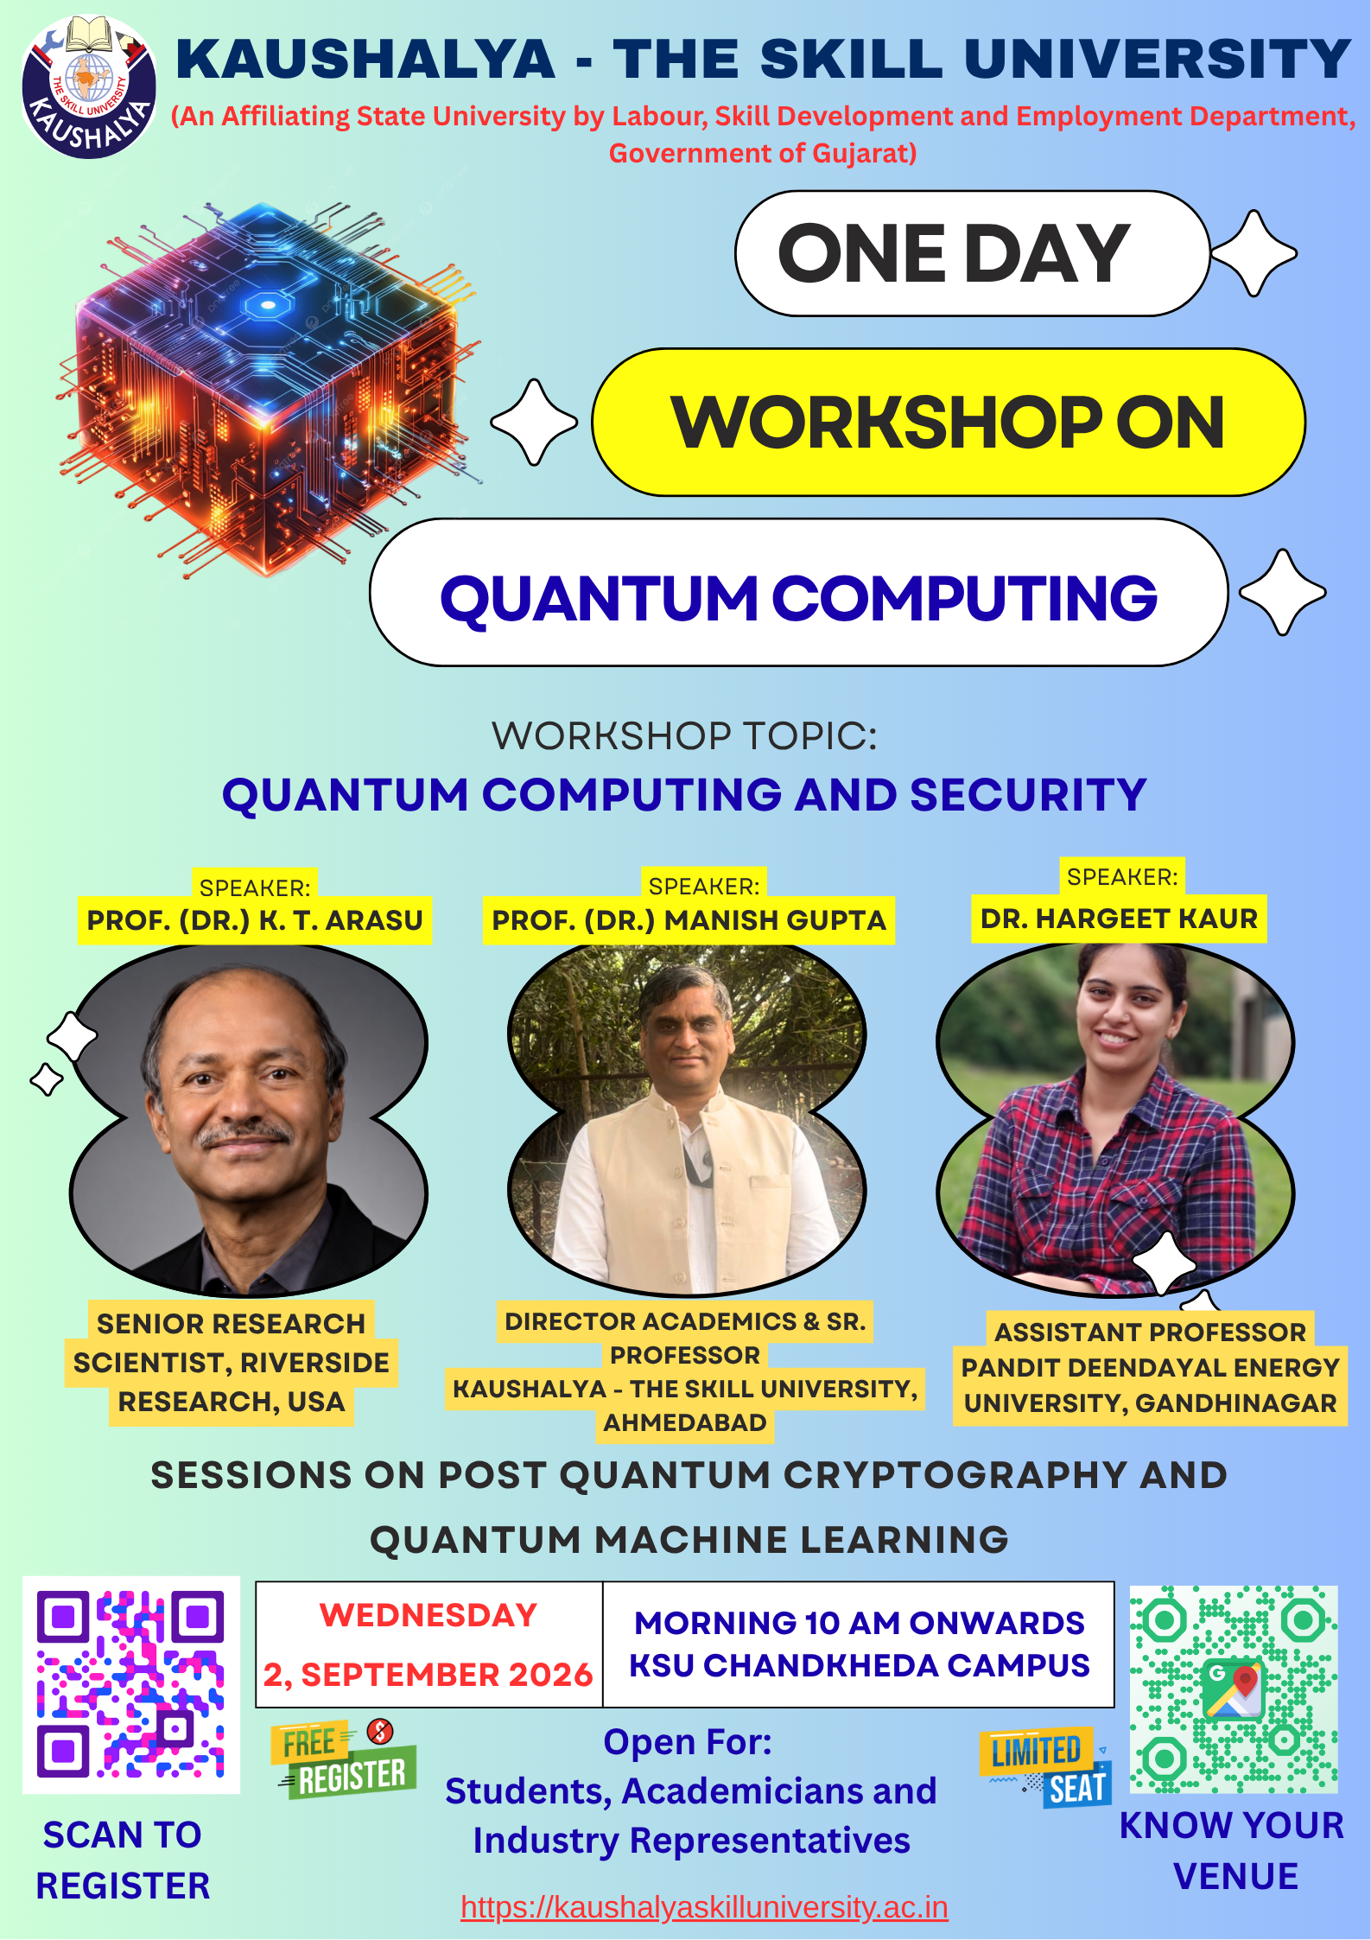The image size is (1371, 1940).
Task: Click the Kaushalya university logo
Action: coord(89,86)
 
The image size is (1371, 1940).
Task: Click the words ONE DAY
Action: coord(954,253)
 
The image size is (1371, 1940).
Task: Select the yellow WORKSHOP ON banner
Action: coord(949,423)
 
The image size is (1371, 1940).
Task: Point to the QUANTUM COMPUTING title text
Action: coord(798,598)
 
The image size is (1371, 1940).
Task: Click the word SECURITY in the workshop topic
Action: coord(1028,795)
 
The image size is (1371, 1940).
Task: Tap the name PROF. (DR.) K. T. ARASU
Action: coord(255,920)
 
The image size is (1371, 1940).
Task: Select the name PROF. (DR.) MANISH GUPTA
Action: coord(689,920)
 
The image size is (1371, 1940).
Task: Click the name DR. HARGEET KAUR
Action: coord(1119,919)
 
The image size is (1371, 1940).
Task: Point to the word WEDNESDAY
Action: coord(428,1615)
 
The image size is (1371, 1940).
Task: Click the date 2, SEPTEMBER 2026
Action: coord(428,1675)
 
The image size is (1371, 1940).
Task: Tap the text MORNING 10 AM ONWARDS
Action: coord(860,1623)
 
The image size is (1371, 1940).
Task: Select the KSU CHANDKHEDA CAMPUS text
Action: coord(860,1665)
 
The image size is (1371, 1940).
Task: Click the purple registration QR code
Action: coord(131,1684)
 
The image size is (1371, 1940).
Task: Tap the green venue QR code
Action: coord(1234,1689)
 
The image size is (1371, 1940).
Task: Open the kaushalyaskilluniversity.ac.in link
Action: coord(704,1907)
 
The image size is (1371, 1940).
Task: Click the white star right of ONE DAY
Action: coord(1254,253)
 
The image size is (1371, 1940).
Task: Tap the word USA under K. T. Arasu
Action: coord(316,1401)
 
